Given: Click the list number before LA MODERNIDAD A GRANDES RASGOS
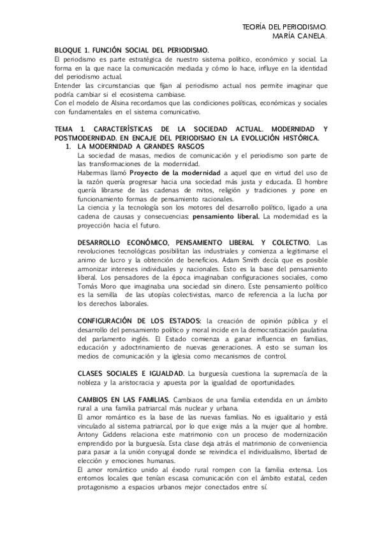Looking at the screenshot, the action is click(x=70, y=147).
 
